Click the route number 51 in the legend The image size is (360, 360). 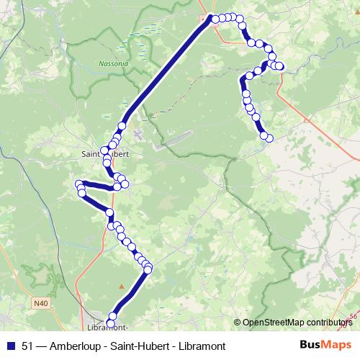coord(28,346)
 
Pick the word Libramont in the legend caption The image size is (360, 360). coord(201,346)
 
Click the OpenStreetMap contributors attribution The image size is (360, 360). coord(297,323)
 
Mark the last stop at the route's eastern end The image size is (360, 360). coord(269,137)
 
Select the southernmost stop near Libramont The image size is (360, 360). coord(110,323)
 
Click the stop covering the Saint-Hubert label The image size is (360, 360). coord(105,152)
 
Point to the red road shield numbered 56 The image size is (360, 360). coord(353,316)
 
